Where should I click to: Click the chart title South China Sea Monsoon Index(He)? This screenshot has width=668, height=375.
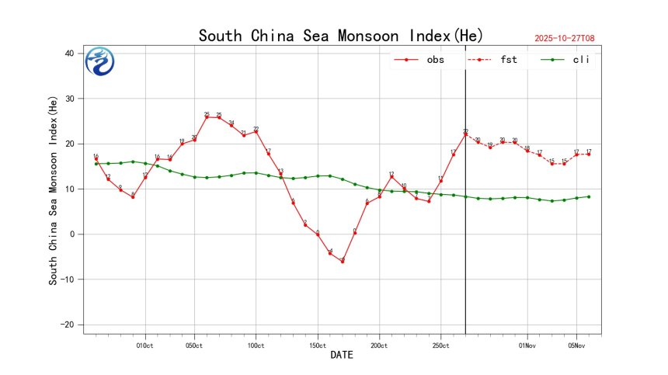point(341,36)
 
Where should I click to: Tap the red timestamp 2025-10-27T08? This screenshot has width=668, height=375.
point(569,37)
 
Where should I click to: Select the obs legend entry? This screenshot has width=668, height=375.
point(420,60)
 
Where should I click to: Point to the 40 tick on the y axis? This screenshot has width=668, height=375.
point(69,54)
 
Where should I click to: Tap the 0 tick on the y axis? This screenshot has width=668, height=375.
point(71,234)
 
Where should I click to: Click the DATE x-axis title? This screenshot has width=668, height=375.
point(342,356)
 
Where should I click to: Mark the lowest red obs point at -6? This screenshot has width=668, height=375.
point(342,262)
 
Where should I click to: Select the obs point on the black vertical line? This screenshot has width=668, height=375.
point(465,134)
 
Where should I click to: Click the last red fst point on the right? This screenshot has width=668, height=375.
point(589,154)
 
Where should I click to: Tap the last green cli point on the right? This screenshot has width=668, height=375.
point(589,196)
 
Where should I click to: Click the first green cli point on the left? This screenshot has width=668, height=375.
point(96,164)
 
